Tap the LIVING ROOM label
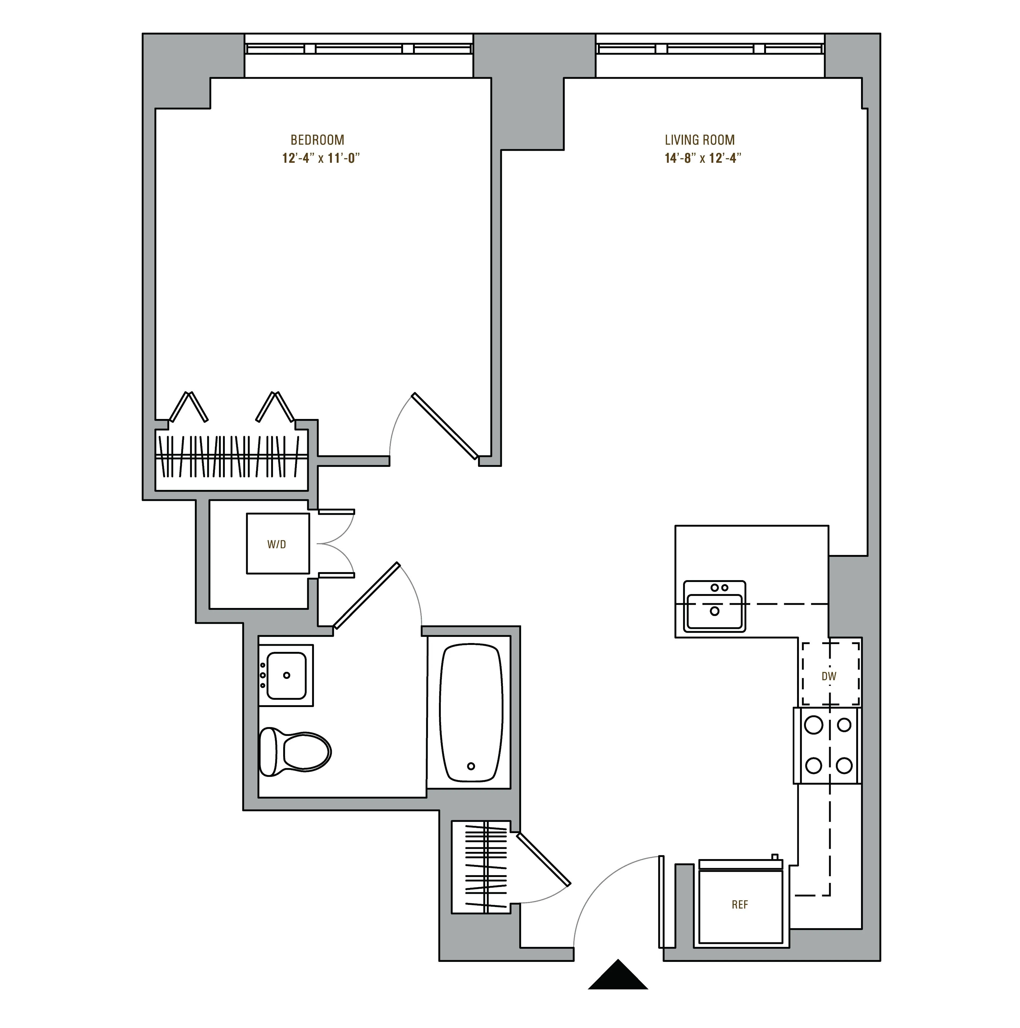pos(700,140)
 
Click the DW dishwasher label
pos(828,676)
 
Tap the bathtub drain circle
pos(470,766)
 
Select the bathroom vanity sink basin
pos(286,675)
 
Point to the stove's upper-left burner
pos(813,725)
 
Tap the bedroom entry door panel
pos(445,426)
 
